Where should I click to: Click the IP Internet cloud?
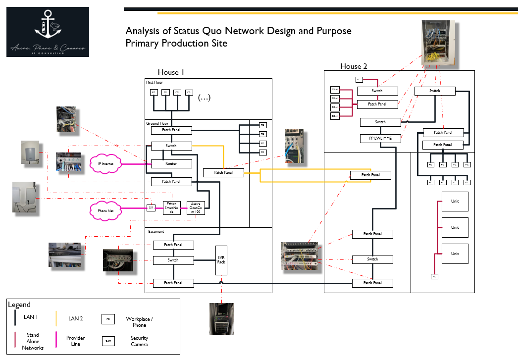(106, 163)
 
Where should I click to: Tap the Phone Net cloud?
(105, 211)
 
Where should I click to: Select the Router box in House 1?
(171, 163)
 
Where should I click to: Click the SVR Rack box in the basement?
(221, 260)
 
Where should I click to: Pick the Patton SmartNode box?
(171, 207)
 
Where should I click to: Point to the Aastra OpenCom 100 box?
(195, 207)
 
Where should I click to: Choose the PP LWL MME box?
(380, 139)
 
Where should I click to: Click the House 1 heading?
(171, 72)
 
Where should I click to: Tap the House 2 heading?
(354, 66)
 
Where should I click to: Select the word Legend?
(19, 305)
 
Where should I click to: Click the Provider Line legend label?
(76, 341)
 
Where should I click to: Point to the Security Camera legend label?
(139, 341)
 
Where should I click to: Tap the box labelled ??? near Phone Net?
(152, 207)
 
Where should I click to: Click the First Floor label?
(154, 82)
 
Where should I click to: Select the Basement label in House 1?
(155, 231)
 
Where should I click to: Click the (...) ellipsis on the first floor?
(204, 98)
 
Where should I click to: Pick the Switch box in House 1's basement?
(173, 260)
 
